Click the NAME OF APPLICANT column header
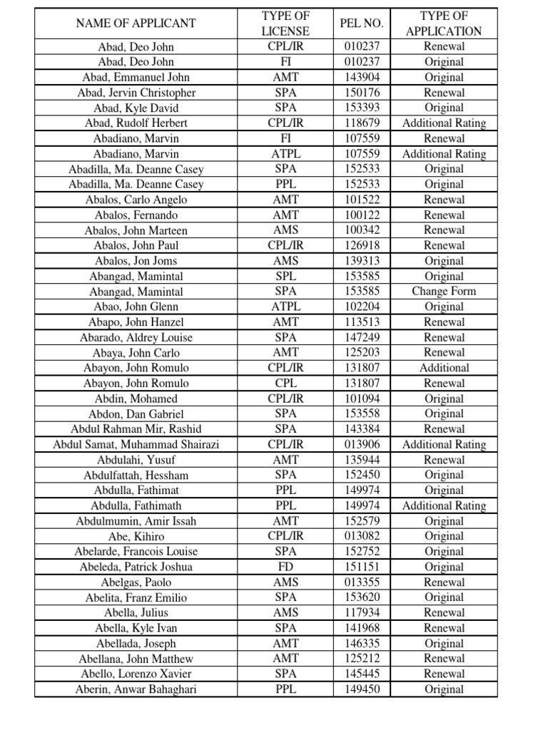[x=136, y=24]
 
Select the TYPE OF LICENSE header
[x=285, y=24]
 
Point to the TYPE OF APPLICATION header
[x=444, y=24]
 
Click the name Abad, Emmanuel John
[x=136, y=77]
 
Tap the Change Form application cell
[x=444, y=292]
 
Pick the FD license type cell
[x=285, y=567]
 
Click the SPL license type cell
[x=285, y=276]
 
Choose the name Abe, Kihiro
[x=136, y=536]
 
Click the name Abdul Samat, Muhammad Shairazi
[x=136, y=444]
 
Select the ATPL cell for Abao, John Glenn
[x=285, y=307]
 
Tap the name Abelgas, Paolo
[x=136, y=582]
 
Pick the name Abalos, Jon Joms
[x=136, y=261]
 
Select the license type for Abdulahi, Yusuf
[x=285, y=460]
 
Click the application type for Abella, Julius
[x=444, y=613]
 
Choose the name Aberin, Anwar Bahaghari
[x=136, y=689]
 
